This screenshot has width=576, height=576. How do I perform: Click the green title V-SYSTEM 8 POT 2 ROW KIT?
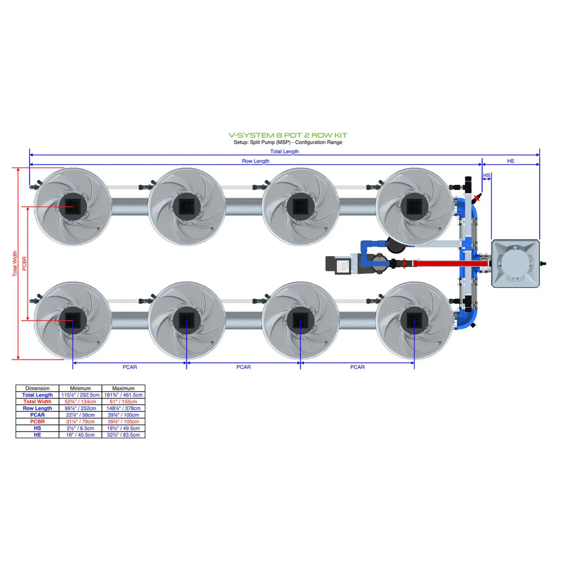click(x=288, y=135)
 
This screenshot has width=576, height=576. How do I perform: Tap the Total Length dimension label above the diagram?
click(x=284, y=151)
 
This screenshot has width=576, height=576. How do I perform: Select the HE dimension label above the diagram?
click(x=511, y=161)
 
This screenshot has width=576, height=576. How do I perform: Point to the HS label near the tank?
click(x=486, y=176)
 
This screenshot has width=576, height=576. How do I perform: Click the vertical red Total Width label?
click(x=15, y=263)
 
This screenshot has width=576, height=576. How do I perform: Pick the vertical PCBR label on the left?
click(x=25, y=263)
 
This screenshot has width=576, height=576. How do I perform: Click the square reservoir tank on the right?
click(x=515, y=263)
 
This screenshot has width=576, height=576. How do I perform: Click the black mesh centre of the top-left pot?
click(x=73, y=206)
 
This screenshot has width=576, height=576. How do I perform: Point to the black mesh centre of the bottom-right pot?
click(x=414, y=320)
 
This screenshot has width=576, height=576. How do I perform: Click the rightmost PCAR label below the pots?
click(x=357, y=367)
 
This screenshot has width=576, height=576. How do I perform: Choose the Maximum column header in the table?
click(x=123, y=388)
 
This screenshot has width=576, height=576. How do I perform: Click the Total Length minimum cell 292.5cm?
click(x=80, y=395)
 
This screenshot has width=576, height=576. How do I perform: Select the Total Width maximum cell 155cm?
click(x=123, y=401)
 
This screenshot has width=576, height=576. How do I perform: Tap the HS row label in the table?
click(x=37, y=428)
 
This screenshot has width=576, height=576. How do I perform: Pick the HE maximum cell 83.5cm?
click(x=123, y=435)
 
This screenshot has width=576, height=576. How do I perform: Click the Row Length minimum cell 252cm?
click(x=80, y=408)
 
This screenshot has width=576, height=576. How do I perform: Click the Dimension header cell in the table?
click(x=37, y=388)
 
